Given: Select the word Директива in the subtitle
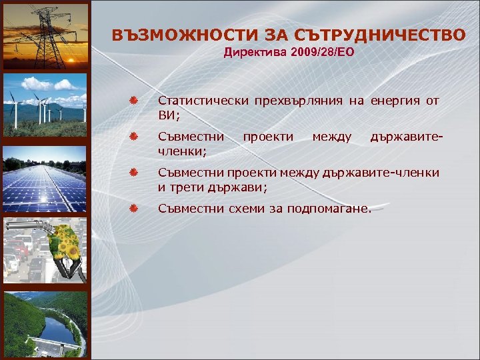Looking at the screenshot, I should pyautogui.click(x=255, y=52).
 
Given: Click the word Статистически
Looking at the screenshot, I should pyautogui.click(x=199, y=101).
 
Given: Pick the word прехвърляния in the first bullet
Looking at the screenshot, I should pyautogui.click(x=295, y=101).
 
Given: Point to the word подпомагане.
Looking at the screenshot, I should pyautogui.click(x=327, y=209).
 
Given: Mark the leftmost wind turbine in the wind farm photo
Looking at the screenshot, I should pyautogui.click(x=11, y=107).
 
